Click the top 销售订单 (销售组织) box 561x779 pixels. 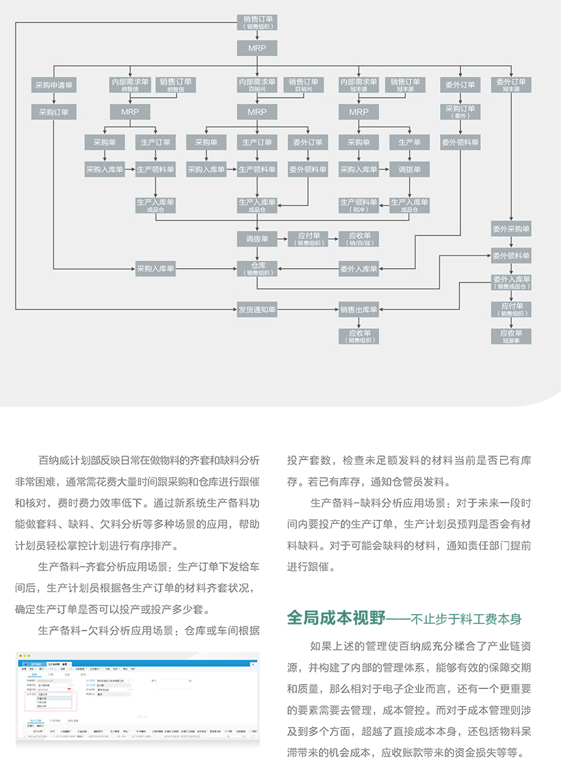pos(257,22)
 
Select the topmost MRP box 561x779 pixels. pos(257,48)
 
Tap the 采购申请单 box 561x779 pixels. pos(54,85)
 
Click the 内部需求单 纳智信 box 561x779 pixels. pos(130,85)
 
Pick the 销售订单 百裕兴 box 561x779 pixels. pos(304,85)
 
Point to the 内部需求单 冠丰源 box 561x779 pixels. pos(358,85)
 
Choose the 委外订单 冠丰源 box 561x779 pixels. pos(511,85)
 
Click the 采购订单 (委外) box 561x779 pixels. pos(460,111)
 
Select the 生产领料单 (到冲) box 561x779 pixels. pos(358,205)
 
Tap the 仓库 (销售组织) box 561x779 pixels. pos(257,269)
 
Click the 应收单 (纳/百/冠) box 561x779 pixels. pos(359,239)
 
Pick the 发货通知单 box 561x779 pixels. pos(257,310)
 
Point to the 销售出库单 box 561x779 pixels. pos(359,310)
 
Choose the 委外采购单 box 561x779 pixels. pos(511,229)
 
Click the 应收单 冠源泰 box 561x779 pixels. pos(511,336)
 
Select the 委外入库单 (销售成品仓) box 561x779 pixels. pos(511,282)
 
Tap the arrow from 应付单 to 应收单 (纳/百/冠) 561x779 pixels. pos(333,239)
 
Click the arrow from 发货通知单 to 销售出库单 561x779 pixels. pos(308,310)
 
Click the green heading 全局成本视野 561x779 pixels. pos(335,618)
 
